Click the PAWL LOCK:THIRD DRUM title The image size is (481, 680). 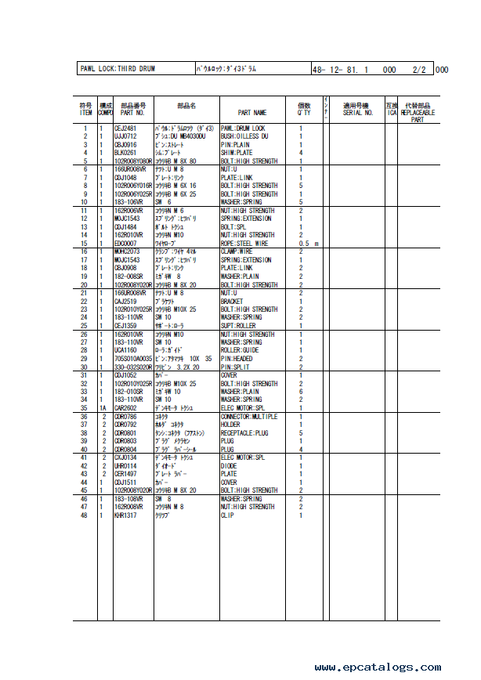click(x=118, y=69)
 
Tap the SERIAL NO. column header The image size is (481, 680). click(x=358, y=113)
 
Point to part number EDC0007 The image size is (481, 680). click(x=126, y=243)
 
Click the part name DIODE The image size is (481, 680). click(x=230, y=465)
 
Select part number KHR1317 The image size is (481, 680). click(x=126, y=515)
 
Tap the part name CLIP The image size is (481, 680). click(x=227, y=515)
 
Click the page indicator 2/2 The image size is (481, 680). click(x=419, y=69)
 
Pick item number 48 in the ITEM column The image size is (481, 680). click(x=85, y=515)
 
